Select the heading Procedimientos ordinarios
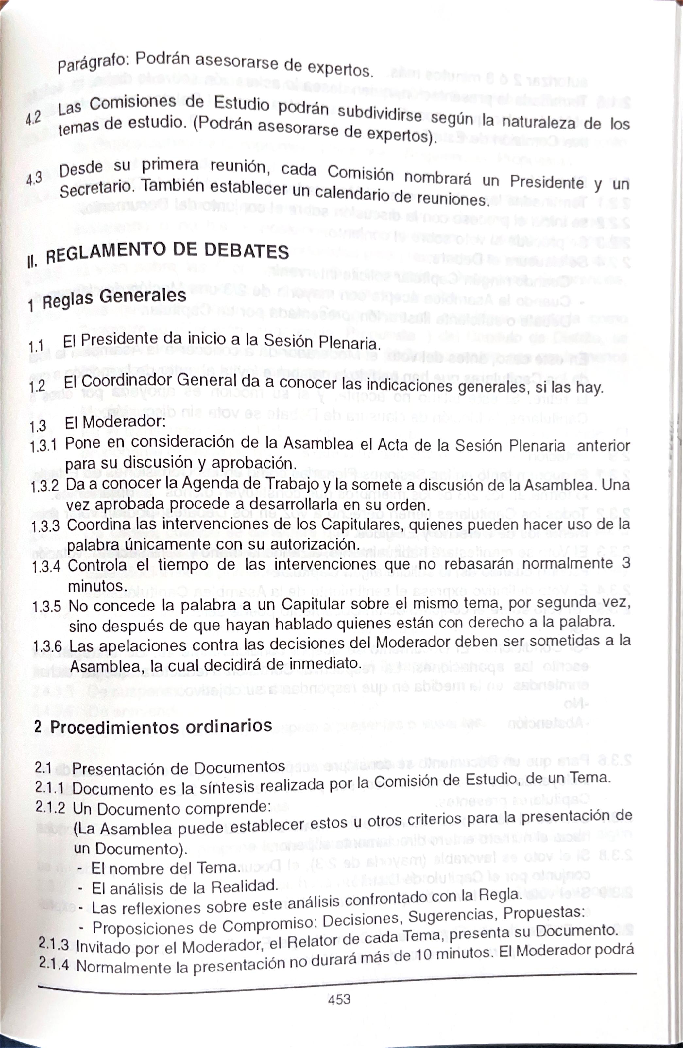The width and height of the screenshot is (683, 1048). tap(161, 727)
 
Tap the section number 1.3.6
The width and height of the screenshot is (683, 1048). tap(47, 646)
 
